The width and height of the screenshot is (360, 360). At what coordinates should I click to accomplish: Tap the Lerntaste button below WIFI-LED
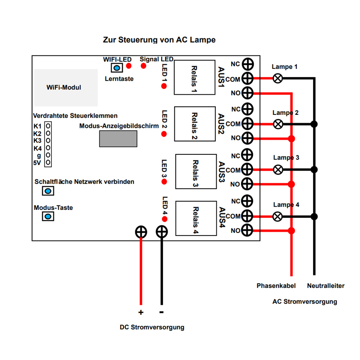[116, 68]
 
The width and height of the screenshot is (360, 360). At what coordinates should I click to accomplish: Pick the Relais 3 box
[196, 171]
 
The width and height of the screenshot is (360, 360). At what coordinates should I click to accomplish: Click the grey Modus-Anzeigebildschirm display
[118, 139]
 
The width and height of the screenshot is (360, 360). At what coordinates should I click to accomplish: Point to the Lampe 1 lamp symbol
[278, 78]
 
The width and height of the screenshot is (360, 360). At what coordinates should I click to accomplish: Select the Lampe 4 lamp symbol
[278, 217]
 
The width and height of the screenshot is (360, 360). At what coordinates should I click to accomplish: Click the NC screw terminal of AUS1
[248, 64]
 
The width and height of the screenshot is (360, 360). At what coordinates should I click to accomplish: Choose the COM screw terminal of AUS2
[248, 124]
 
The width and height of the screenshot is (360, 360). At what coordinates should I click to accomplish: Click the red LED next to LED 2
[164, 134]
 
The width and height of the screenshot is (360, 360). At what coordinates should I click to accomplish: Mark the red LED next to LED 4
[164, 219]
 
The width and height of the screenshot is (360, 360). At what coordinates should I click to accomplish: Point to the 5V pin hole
[48, 163]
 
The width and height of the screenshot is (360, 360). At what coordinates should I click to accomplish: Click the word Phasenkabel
[276, 286]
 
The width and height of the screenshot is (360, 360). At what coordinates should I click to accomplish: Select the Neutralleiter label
[326, 286]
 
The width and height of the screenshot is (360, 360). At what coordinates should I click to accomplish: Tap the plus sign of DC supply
[141, 312]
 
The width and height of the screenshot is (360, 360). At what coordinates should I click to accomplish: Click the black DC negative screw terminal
[162, 231]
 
